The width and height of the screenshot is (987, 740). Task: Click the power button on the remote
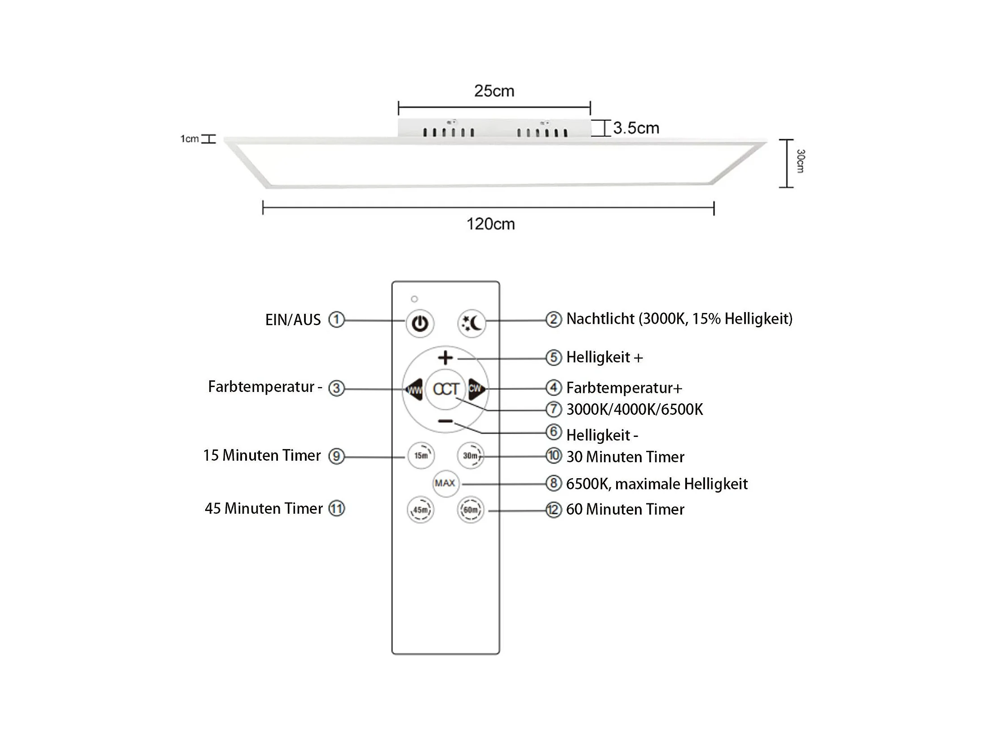tap(420, 323)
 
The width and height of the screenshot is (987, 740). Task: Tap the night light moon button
tap(471, 323)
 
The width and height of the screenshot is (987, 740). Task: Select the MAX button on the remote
tap(445, 483)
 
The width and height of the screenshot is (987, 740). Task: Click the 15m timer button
tap(421, 456)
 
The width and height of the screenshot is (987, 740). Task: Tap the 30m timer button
tap(470, 456)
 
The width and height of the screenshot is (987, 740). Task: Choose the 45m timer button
tap(420, 510)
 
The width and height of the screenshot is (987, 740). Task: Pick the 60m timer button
tap(470, 510)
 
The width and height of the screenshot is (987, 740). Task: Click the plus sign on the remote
tap(445, 358)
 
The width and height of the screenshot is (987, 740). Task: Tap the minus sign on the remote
tap(445, 421)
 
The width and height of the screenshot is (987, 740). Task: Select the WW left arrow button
tap(414, 389)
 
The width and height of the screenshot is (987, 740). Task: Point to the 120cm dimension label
tap(490, 224)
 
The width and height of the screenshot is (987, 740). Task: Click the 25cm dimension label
tap(494, 91)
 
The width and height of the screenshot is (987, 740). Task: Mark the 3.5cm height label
tap(636, 128)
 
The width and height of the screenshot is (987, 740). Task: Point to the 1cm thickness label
tap(189, 139)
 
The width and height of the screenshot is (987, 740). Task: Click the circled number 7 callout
tap(553, 410)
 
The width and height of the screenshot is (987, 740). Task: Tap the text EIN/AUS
tap(293, 320)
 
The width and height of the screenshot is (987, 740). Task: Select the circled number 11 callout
tap(336, 509)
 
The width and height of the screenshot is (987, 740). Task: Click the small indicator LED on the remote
tap(414, 299)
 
